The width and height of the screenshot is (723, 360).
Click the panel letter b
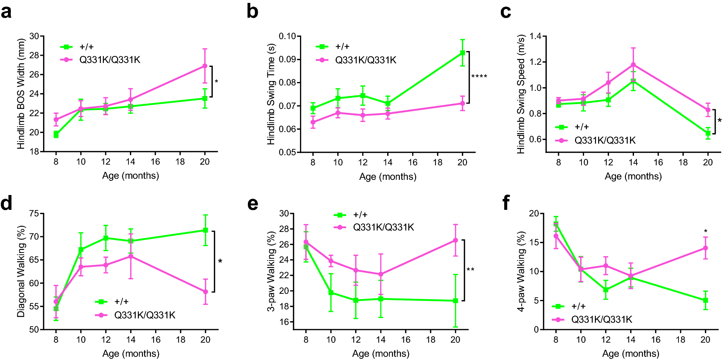252,12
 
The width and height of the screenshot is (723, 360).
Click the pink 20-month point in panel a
205,66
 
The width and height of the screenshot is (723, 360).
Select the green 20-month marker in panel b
462,53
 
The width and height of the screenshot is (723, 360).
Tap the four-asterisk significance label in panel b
479,77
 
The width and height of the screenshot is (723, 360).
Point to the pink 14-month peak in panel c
633,65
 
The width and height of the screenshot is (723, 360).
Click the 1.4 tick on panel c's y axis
535,36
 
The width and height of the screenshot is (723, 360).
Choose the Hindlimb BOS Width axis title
21,94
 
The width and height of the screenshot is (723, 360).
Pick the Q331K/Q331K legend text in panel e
384,227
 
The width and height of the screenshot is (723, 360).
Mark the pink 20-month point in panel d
206,292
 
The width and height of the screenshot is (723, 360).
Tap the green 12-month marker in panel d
106,238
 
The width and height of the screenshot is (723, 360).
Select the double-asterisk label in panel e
470,270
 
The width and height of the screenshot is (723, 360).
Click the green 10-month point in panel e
331,293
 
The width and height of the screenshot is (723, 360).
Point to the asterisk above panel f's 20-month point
706,232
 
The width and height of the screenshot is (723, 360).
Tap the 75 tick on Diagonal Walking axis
34,213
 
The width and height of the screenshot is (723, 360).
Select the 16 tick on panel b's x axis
413,162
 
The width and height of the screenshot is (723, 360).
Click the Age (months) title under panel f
630,353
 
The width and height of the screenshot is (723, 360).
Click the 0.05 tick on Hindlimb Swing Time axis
287,152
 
